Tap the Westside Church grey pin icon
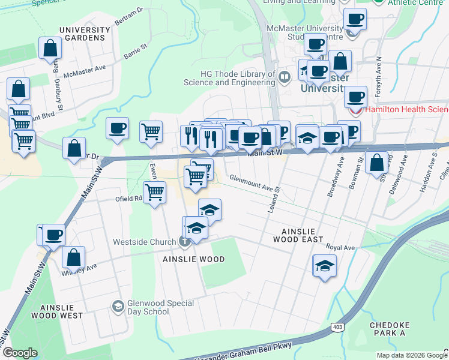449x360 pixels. coord(185,242)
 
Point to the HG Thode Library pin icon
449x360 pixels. coord(285,76)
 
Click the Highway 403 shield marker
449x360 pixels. coord(336,326)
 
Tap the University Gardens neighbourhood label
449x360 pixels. coord(85,34)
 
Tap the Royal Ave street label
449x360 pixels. coord(340,247)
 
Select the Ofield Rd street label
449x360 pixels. coord(129,199)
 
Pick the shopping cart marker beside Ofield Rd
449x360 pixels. coord(155,193)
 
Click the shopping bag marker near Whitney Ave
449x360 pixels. coord(73,257)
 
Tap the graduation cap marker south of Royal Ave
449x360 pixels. coord(325,265)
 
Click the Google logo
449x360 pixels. coord(20,353)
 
